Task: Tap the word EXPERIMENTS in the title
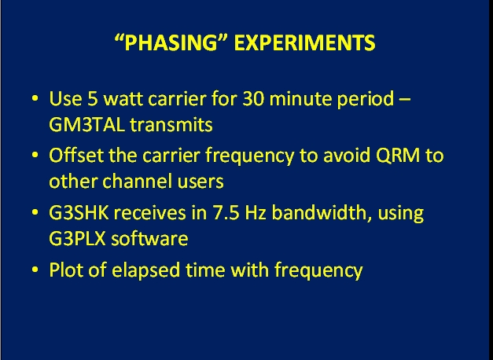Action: click(304, 42)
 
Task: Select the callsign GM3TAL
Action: click(86, 125)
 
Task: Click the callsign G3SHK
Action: click(79, 213)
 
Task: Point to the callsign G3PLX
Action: click(77, 239)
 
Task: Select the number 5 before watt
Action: click(93, 99)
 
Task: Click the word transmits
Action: click(171, 125)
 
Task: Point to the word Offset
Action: click(76, 156)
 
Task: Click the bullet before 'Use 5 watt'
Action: click(35, 98)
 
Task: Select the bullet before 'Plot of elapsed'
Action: click(35, 270)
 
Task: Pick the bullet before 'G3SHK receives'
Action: click(35, 212)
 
